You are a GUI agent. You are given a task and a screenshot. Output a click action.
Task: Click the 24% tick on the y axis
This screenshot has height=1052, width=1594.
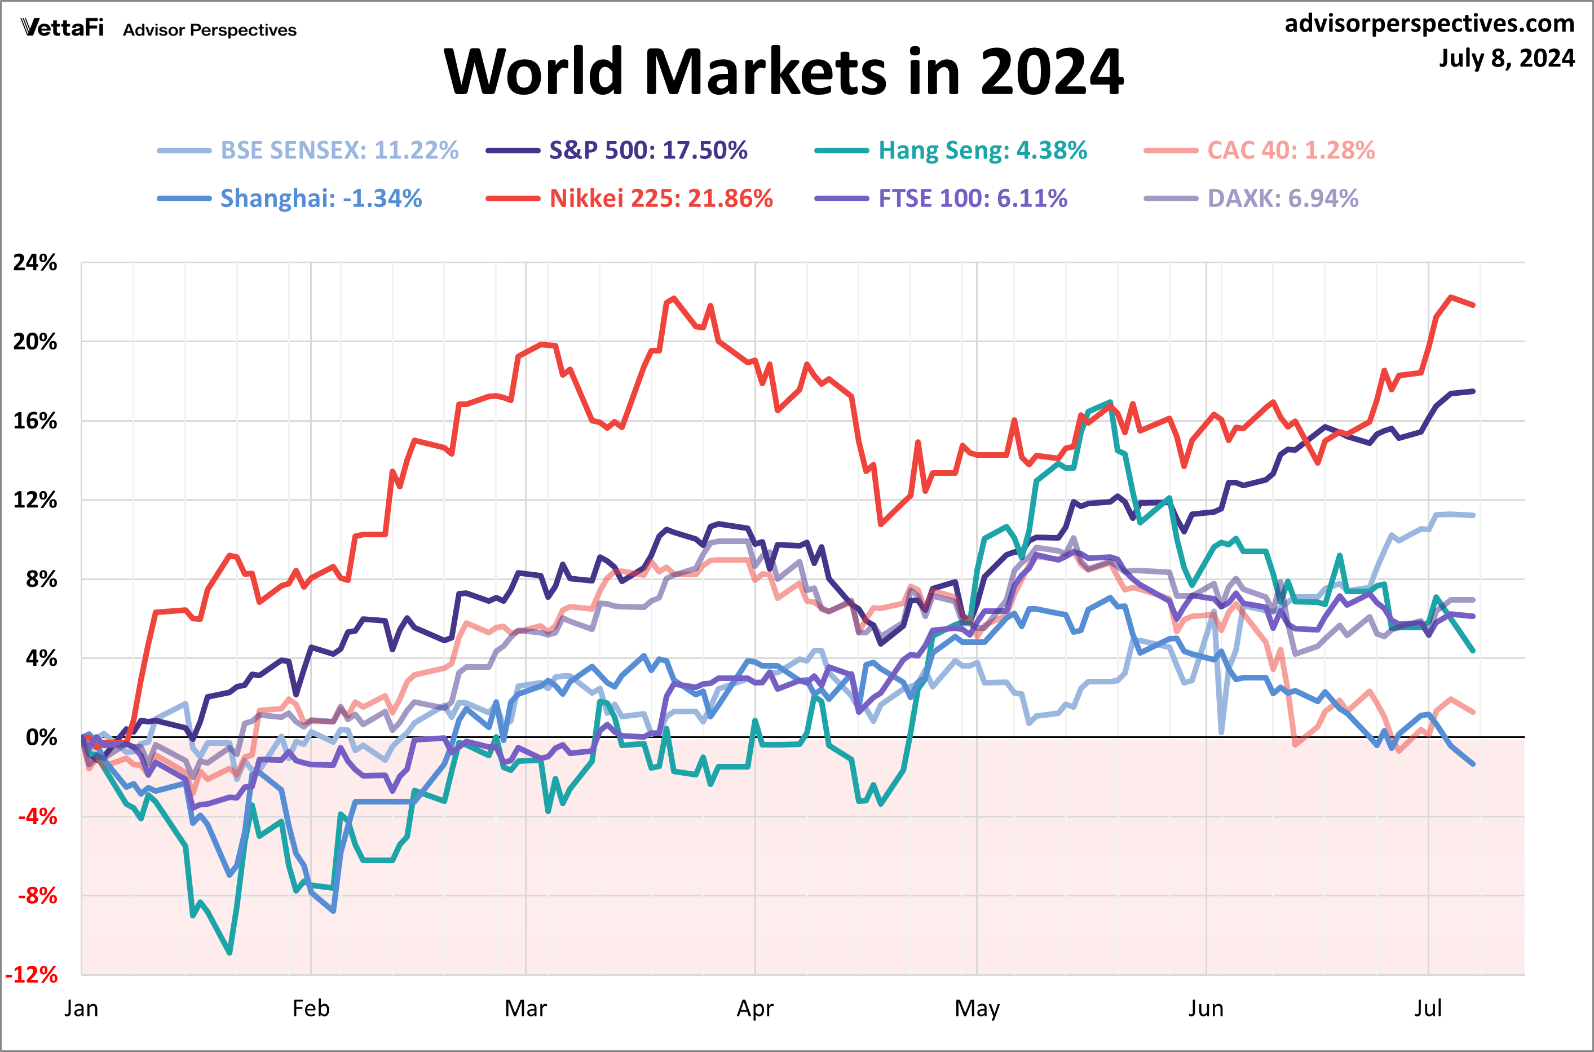(35, 262)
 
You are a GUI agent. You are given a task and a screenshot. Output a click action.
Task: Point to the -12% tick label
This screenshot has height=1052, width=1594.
(32, 975)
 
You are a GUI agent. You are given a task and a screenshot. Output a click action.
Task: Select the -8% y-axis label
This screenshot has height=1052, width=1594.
(38, 896)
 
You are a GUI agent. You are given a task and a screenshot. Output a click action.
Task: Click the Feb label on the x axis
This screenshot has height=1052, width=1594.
(311, 1009)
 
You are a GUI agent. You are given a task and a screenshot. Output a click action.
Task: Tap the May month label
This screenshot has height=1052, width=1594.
(977, 1009)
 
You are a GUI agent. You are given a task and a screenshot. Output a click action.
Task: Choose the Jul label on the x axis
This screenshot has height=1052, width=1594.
(1428, 1009)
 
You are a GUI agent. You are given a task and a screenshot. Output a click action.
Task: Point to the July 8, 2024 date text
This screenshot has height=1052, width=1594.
(1506, 59)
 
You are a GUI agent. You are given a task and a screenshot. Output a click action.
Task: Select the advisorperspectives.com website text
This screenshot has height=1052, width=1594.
(1429, 24)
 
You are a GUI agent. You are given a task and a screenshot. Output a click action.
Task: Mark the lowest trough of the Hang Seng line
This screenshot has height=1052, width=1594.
(230, 953)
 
